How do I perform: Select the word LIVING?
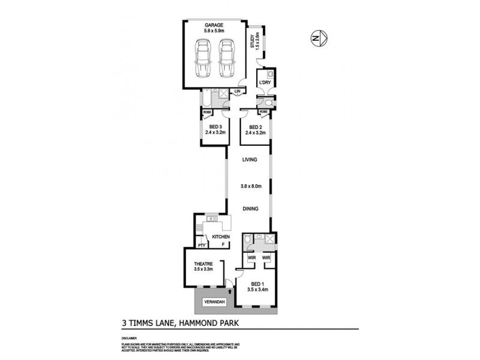click(x=250, y=160)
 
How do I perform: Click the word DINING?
click(x=250, y=209)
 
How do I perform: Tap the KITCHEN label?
click(x=220, y=237)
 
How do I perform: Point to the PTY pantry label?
click(x=202, y=245)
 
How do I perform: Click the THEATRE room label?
click(x=203, y=264)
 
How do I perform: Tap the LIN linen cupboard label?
click(x=238, y=91)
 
